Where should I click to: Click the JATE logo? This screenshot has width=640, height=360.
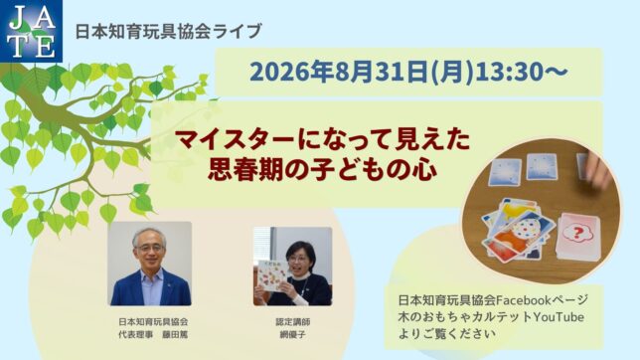coord(31,31)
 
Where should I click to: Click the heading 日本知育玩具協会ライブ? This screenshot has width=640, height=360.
coord(168,31)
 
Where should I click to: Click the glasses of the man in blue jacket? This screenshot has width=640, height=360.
coord(149,247)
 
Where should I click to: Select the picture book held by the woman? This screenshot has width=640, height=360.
coord(271,276)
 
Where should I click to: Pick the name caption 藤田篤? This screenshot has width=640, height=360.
coord(175,335)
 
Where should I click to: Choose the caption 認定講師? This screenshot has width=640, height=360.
coord(292,322)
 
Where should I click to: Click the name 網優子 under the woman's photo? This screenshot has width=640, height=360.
coord(292,335)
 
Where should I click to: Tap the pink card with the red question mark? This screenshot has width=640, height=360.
coord(577,236)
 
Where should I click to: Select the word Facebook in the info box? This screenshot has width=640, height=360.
coord(524,300)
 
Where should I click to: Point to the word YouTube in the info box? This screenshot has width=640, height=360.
coord(559,317)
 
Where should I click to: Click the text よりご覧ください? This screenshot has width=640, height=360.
coord(447,334)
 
